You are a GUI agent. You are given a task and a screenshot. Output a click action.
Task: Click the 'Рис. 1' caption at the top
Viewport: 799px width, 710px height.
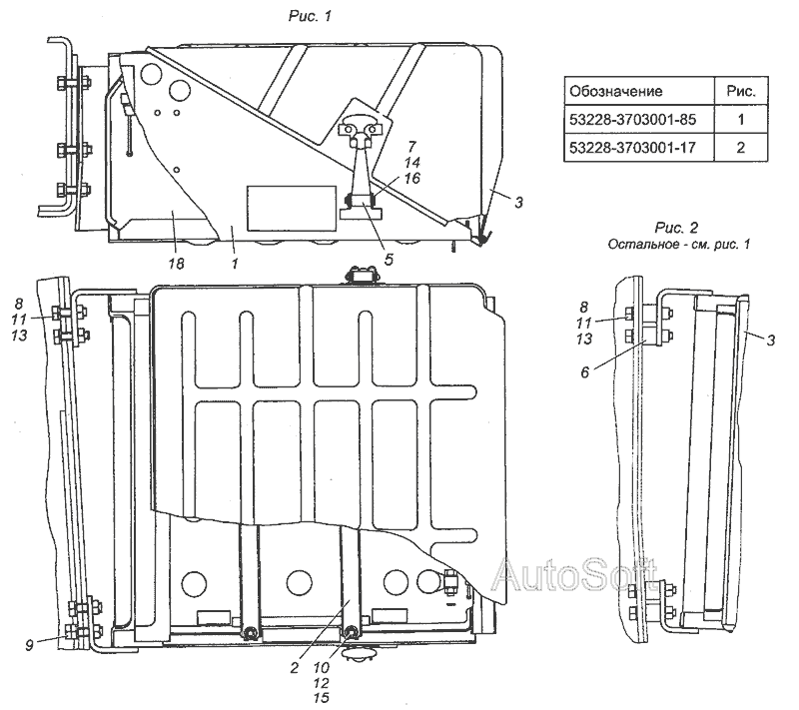coord(310,16)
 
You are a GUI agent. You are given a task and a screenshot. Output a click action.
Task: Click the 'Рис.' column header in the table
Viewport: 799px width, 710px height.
coord(741,91)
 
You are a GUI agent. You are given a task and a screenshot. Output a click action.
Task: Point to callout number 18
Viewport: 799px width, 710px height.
coord(176,264)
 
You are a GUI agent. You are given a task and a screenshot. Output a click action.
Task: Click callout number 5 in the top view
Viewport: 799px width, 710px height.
coord(389,260)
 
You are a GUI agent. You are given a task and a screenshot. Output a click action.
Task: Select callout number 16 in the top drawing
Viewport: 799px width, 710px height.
coord(412,178)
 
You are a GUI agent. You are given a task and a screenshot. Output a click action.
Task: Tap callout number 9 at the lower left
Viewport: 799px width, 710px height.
coord(30,645)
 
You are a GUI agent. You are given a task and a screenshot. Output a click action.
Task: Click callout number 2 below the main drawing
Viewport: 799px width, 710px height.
coord(294,667)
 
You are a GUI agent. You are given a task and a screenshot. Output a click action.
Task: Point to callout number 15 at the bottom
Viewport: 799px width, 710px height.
coord(322,698)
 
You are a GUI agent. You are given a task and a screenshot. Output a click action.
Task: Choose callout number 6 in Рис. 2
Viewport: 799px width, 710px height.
coord(584,372)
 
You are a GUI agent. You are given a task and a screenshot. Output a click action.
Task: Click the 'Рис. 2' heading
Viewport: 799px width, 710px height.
coord(677,227)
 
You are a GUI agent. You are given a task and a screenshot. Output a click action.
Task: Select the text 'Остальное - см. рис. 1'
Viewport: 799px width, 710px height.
coord(679,244)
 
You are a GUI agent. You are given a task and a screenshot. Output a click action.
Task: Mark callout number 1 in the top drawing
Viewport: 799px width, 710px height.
coord(235,264)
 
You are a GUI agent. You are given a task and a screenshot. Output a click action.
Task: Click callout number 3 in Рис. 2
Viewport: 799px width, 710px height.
coord(770,340)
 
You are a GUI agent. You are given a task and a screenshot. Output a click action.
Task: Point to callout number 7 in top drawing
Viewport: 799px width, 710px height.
coord(411,147)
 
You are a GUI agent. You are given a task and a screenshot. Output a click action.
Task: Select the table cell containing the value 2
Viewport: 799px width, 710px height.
coord(741,148)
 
